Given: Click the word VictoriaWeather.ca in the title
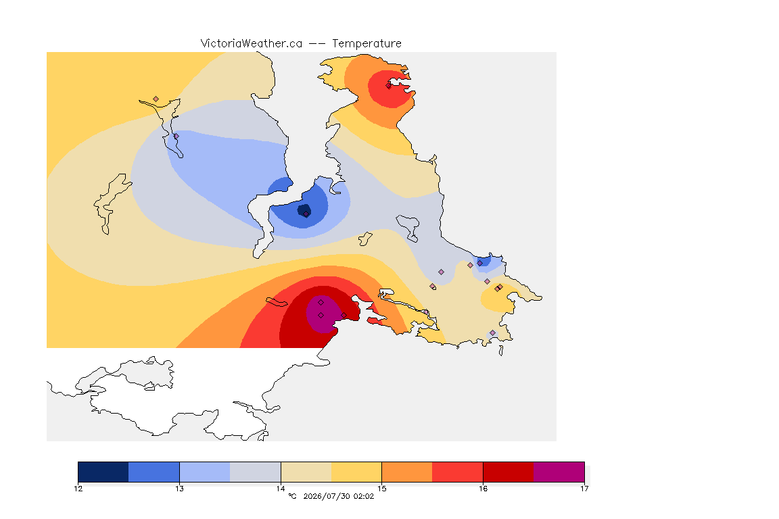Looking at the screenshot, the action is tap(252, 44).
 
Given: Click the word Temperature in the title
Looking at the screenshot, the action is tap(367, 44).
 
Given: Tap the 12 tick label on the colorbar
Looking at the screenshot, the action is tap(78, 489).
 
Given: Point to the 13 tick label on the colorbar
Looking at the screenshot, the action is tap(179, 489).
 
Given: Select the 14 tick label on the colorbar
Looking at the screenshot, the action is tap(281, 489).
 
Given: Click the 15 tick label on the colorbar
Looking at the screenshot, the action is tap(381, 489).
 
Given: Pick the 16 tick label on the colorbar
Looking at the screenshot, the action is tap(483, 489).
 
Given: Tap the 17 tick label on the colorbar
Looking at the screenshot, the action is tap(584, 489).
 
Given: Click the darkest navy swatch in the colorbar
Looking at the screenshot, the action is tap(103, 472).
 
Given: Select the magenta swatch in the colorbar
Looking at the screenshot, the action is tap(559, 472).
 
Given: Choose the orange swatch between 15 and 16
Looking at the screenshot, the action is tap(407, 472).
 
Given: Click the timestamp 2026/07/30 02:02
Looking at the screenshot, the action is tap(338, 496).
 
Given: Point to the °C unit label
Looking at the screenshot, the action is tap(292, 496).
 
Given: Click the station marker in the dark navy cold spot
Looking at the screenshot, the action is tap(306, 214).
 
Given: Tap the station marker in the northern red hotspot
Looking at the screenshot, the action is tap(389, 85).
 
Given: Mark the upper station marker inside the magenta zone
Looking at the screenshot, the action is tap(321, 303).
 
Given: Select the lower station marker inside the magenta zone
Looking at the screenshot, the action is tap(321, 316).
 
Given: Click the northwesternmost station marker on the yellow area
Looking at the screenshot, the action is tap(156, 99).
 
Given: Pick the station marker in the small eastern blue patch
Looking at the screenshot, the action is tap(480, 264).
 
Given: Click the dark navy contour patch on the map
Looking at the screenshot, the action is tap(304, 210).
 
